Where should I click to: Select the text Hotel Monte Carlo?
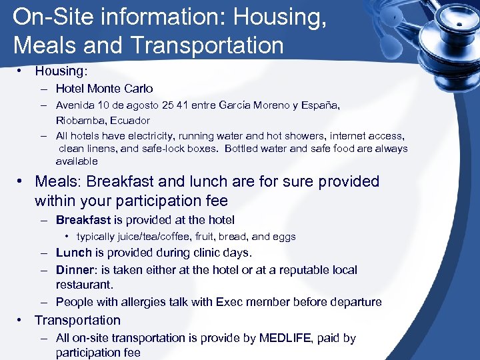[x=104, y=88]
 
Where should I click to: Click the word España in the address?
[x=321, y=105]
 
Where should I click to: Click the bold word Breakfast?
[x=83, y=220]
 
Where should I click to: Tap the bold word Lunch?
[x=73, y=253]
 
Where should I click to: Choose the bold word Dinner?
[x=75, y=270]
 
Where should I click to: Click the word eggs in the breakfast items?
[x=283, y=237]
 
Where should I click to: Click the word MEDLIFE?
[x=283, y=338]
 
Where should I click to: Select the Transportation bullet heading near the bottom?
[x=77, y=320]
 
